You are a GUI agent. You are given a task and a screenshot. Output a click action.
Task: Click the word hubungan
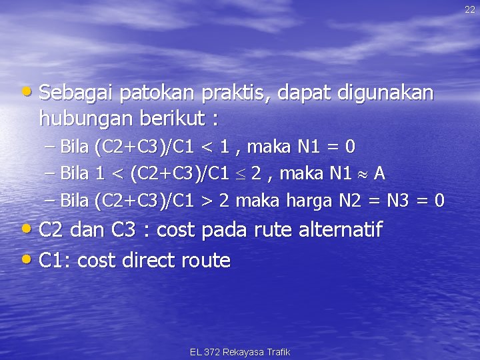pyautogui.click(x=86, y=119)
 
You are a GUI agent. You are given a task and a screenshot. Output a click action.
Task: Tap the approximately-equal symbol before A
pyautogui.click(x=363, y=173)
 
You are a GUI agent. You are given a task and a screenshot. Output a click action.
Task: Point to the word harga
pyautogui.click(x=309, y=201)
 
